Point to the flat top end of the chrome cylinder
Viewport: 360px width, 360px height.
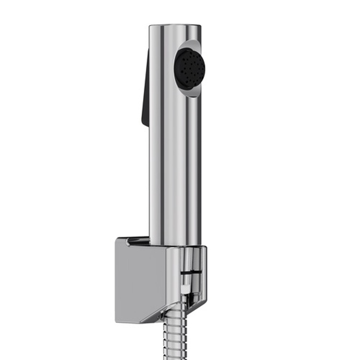(175, 25)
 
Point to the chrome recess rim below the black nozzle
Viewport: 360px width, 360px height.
(191, 93)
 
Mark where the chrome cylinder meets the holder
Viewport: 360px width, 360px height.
(175, 245)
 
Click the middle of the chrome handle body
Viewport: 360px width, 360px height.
(175, 147)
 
